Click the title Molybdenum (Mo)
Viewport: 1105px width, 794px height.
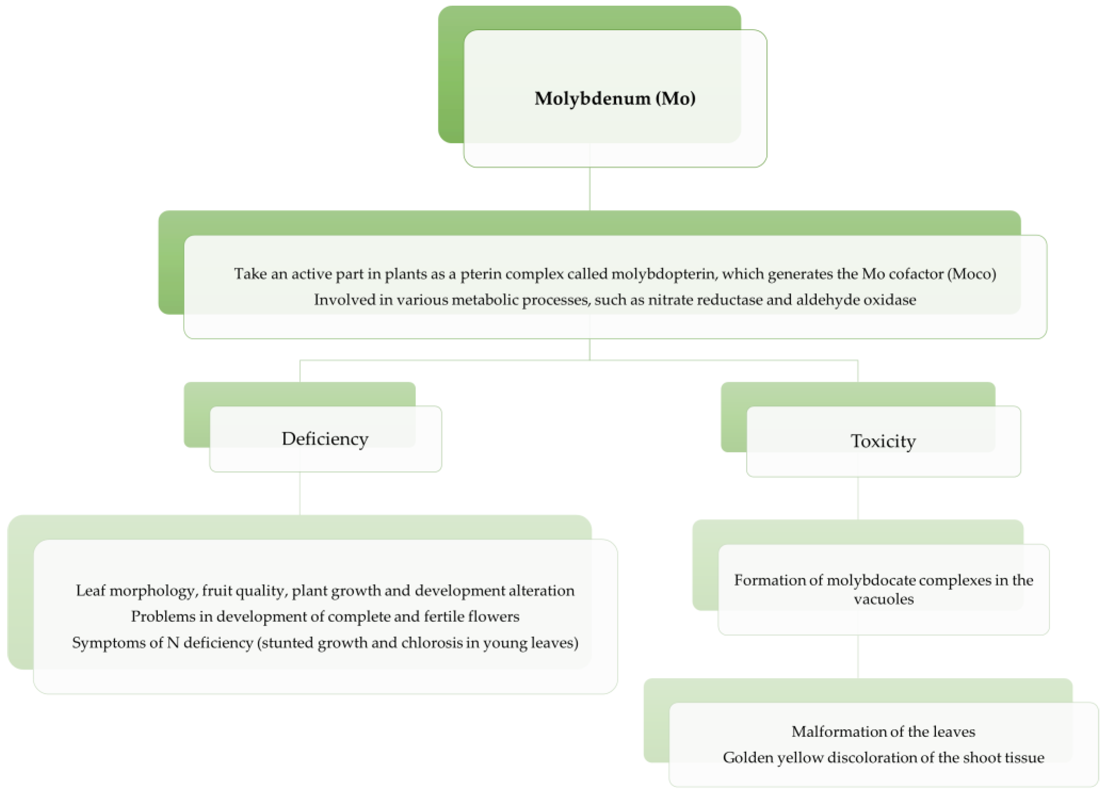tap(614, 99)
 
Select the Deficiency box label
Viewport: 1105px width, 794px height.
tap(325, 439)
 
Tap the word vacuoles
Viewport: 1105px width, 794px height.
tap(883, 599)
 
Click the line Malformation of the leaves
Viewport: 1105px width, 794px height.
tap(883, 732)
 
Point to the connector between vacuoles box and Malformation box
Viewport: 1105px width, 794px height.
tap(857, 657)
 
